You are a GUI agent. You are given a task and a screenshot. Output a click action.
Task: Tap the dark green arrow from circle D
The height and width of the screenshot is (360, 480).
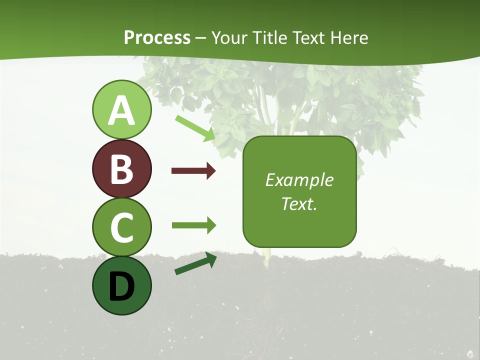tap(195, 263)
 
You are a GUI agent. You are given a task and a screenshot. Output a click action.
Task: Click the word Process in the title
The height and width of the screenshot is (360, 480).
tap(157, 38)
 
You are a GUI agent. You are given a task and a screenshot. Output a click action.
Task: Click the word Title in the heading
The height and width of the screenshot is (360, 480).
tap(268, 38)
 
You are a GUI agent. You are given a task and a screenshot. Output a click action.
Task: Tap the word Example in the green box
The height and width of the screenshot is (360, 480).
tap(299, 180)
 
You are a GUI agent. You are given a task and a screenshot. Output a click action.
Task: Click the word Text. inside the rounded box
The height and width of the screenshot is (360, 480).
tap(299, 203)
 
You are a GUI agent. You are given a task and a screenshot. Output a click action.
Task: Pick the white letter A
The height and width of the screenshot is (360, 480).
tap(121, 110)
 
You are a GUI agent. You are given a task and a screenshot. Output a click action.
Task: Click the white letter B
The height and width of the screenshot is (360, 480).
tap(121, 169)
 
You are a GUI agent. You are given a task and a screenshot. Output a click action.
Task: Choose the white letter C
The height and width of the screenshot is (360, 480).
tap(121, 227)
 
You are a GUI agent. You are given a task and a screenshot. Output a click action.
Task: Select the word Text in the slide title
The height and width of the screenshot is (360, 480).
tap(308, 38)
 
